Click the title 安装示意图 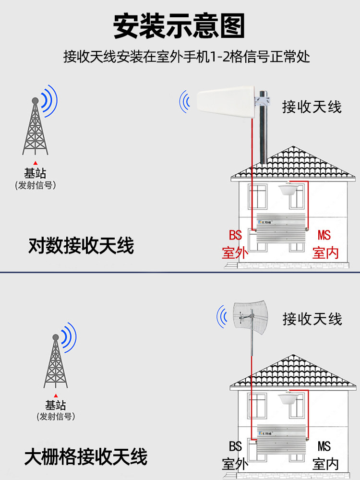pyautogui.click(x=180, y=25)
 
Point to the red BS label pyautogui.click(x=235, y=236)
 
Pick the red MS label pyautogui.click(x=324, y=236)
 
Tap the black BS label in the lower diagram pyautogui.click(x=235, y=446)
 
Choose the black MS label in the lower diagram pyautogui.click(x=324, y=446)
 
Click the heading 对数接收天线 pyautogui.click(x=81, y=246)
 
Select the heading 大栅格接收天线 pyautogui.click(x=86, y=456)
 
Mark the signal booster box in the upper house pyautogui.click(x=280, y=228)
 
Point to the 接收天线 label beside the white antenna pyautogui.click(x=312, y=106)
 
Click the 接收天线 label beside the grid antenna pyautogui.click(x=312, y=318)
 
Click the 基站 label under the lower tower pyautogui.click(x=56, y=406)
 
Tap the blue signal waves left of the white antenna pyautogui.click(x=184, y=101)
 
